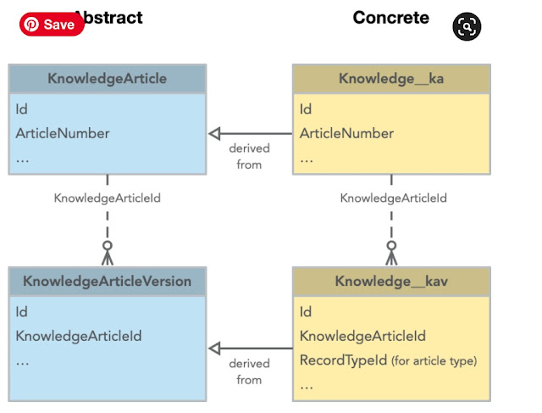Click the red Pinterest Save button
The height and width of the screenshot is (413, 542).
pos(52,25)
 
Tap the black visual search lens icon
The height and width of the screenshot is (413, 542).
pos(466,26)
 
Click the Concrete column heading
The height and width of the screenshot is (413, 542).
pos(390,18)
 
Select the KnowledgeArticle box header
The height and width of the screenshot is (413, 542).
pos(108,79)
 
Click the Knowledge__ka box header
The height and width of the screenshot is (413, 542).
pos(391,79)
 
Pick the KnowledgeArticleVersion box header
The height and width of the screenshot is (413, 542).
pos(108,281)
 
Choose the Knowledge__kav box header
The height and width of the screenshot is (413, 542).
pos(391,281)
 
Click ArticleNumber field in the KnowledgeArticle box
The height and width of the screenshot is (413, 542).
pos(63,133)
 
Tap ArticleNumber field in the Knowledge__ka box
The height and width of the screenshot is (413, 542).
pos(346,133)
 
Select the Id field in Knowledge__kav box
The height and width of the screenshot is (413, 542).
pos(306,312)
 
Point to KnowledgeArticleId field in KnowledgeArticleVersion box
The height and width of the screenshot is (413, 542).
pos(79,336)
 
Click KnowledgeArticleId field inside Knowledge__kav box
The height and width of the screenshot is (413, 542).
pos(362,336)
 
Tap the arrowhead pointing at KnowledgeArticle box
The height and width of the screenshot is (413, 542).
pos(215,133)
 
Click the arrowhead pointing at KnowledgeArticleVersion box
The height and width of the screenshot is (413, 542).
pos(215,349)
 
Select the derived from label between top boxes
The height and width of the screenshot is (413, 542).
pos(249,156)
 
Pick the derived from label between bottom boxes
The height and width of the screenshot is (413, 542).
pos(249,371)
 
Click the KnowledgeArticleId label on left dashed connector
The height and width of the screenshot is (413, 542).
pos(108,198)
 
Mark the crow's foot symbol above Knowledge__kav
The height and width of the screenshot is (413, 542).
pos(391,254)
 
